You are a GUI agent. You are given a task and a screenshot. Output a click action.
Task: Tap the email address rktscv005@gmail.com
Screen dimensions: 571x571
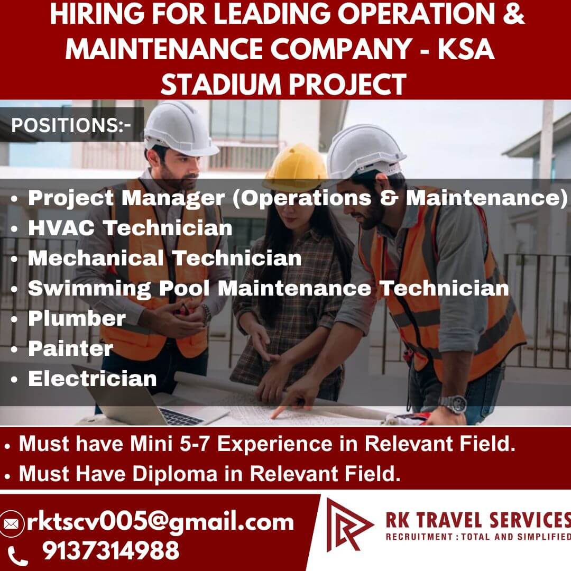click(x=160, y=522)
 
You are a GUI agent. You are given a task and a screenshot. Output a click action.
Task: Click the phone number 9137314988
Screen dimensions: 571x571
click(x=110, y=550)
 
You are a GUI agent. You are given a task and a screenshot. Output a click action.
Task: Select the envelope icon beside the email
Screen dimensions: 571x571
click(x=11, y=524)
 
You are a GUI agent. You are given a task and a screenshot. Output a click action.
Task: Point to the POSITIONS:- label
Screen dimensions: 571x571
click(x=71, y=125)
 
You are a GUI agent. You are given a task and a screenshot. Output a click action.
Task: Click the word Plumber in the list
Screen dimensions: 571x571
click(x=77, y=319)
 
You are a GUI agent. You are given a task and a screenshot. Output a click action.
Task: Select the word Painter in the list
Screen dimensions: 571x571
click(x=71, y=348)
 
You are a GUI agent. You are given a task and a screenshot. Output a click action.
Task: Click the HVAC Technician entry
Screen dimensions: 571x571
click(x=130, y=228)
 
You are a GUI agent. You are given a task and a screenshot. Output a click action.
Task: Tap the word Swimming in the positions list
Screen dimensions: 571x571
click(x=89, y=289)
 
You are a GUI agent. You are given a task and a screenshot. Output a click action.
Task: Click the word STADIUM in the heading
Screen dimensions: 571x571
click(x=220, y=85)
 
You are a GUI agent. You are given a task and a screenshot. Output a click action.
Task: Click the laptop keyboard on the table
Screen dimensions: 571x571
click(x=181, y=416)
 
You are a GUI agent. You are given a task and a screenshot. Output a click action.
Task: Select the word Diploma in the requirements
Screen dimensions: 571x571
click(x=175, y=474)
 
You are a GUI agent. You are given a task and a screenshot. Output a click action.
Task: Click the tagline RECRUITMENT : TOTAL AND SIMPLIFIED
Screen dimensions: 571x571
click(x=478, y=537)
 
